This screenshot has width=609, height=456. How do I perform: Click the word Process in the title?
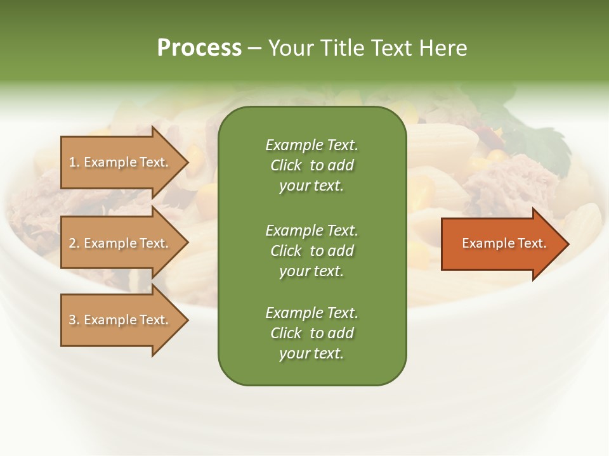pyautogui.click(x=199, y=48)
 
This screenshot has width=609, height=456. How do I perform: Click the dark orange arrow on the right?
pyautogui.click(x=504, y=244)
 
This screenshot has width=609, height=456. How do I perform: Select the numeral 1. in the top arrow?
pyautogui.click(x=74, y=162)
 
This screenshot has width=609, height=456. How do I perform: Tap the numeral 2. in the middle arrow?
pyautogui.click(x=74, y=243)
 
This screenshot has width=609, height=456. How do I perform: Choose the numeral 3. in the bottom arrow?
pyautogui.click(x=74, y=320)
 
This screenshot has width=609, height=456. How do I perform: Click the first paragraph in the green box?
pyautogui.click(x=311, y=165)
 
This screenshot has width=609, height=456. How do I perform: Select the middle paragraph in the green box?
pyautogui.click(x=311, y=251)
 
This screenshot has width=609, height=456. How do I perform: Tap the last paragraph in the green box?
pyautogui.click(x=311, y=333)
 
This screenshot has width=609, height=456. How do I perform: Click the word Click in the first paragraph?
pyautogui.click(x=286, y=166)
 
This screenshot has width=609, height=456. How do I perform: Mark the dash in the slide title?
pyautogui.click(x=255, y=49)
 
